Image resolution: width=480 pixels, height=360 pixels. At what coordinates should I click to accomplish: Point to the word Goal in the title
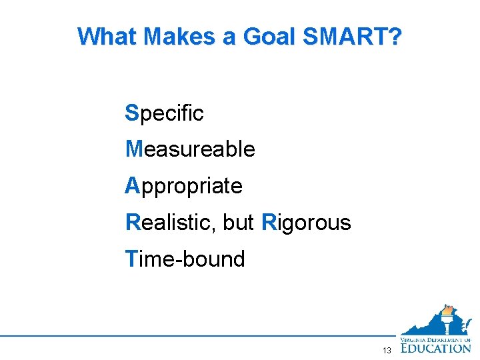[x=269, y=37]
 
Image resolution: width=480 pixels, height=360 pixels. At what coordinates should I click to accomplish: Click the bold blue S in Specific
[x=131, y=113]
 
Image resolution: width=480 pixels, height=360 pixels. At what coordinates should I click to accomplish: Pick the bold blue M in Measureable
[x=133, y=149]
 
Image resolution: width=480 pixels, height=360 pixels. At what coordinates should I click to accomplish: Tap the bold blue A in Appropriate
[x=132, y=186]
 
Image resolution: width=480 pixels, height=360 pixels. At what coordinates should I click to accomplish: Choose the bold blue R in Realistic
[x=133, y=222]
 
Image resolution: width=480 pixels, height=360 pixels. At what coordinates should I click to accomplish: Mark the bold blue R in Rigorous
[x=269, y=222]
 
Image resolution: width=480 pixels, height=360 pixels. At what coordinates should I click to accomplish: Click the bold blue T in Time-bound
[x=131, y=259]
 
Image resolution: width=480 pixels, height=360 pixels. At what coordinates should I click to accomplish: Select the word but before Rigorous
[x=239, y=222]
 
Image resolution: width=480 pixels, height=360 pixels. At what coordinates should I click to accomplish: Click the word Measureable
[x=191, y=149]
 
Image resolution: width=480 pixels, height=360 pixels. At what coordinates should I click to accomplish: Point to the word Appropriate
[x=184, y=187]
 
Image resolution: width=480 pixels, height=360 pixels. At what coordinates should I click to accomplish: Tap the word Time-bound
[x=185, y=259]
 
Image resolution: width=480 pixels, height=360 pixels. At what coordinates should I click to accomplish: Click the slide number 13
[x=387, y=351]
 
